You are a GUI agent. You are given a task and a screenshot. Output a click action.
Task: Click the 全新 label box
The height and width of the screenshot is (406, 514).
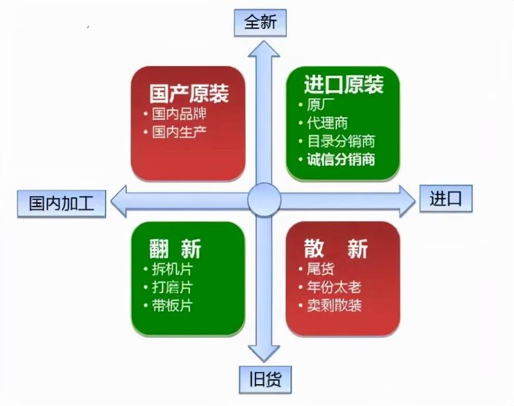[260, 22]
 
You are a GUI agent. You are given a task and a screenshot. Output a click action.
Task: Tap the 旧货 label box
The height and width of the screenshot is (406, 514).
[265, 380]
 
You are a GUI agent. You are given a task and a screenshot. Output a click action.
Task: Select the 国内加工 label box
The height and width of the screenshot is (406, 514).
[61, 203]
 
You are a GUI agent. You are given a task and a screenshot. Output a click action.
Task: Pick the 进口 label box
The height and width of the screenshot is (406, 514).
[446, 198]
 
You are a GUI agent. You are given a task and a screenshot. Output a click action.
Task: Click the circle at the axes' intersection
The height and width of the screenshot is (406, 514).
[264, 200]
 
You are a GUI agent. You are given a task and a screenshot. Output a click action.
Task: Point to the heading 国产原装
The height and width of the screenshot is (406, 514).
[189, 93]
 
